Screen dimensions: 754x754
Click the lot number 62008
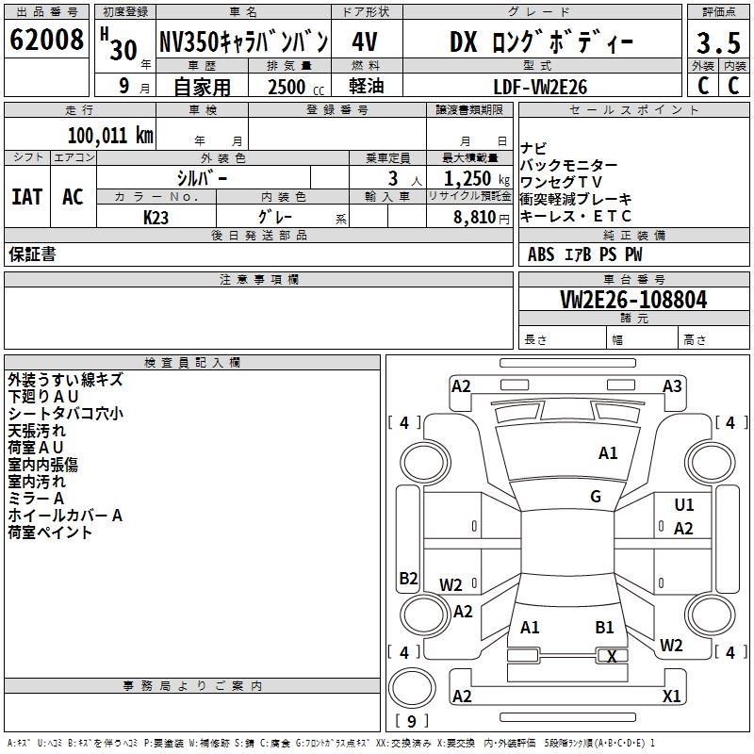point(46,42)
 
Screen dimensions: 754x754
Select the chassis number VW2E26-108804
point(633,301)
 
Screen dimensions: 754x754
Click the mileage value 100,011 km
point(110,135)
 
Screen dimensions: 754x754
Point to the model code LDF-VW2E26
point(541,86)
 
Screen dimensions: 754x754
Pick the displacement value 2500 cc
point(287,87)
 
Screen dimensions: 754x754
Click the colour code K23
point(156,217)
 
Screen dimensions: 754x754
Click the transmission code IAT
point(26,196)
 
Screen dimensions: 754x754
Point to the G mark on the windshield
point(596,497)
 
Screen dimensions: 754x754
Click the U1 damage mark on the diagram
point(684,505)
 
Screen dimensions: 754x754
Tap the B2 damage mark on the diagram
point(408,578)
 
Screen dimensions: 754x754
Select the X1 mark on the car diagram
point(672,697)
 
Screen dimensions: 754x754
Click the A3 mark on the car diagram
point(672,385)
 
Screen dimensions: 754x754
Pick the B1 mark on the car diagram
point(604,627)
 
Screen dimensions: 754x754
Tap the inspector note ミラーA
point(37,499)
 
